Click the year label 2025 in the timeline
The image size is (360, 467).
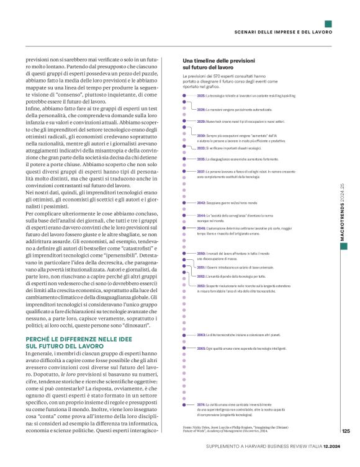[201, 96]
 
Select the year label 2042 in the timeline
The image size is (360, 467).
[201, 203]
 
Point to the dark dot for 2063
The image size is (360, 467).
[184, 334]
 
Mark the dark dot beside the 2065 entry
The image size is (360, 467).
[184, 349]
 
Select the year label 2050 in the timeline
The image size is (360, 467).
[201, 254]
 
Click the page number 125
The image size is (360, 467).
[346, 431]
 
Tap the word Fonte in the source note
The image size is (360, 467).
[188, 427]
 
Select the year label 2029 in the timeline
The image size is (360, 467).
[201, 122]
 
